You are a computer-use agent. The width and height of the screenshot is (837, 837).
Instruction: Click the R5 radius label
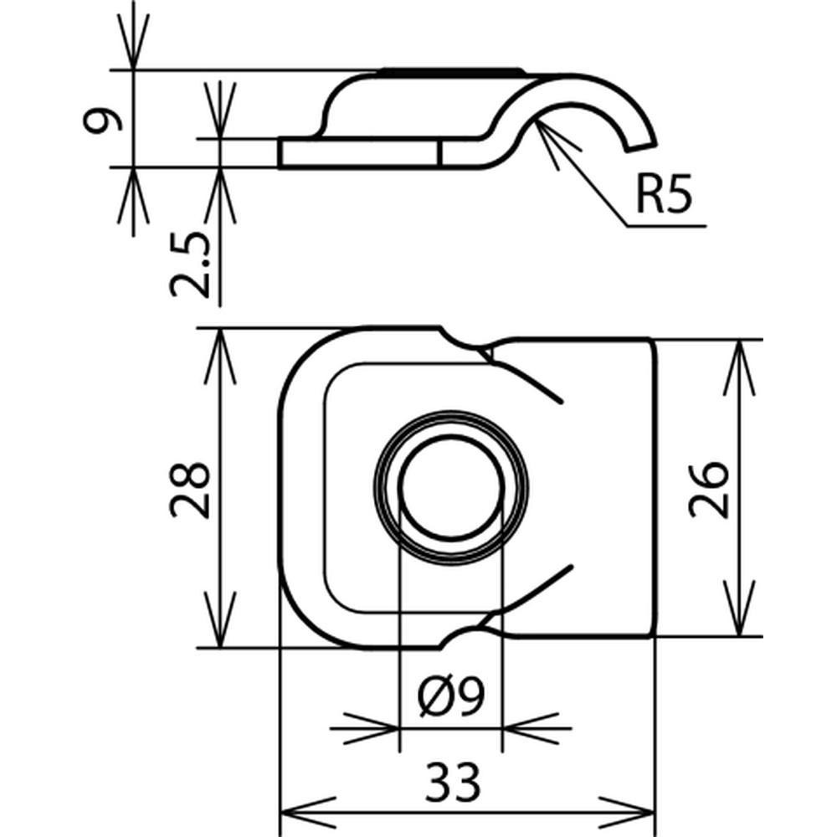tap(663, 198)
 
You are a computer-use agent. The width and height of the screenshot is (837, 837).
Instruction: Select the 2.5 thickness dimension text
tap(189, 265)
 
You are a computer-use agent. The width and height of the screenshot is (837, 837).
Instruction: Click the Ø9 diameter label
tap(451, 697)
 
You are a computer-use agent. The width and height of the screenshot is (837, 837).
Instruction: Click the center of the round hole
tap(451, 487)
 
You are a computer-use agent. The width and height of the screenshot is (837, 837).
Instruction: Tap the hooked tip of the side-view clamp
tap(641, 144)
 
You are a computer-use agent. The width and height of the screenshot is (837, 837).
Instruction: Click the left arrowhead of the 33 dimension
tap(293, 812)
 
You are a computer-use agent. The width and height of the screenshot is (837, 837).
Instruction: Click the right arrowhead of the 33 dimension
tap(639, 812)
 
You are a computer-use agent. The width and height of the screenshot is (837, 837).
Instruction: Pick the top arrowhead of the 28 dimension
tap(219, 343)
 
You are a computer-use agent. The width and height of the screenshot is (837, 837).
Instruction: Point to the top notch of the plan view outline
tap(466, 343)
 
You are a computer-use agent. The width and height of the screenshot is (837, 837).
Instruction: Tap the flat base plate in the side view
tap(360, 154)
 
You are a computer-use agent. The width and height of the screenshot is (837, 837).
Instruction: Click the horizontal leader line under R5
tap(665, 226)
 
